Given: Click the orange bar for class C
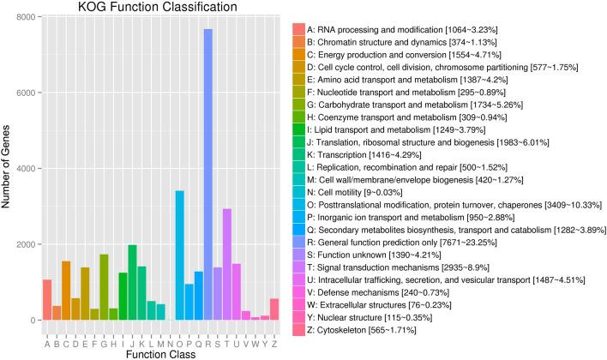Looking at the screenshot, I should [x=66, y=291].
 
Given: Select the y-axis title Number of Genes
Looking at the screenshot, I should [x=8, y=168].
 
